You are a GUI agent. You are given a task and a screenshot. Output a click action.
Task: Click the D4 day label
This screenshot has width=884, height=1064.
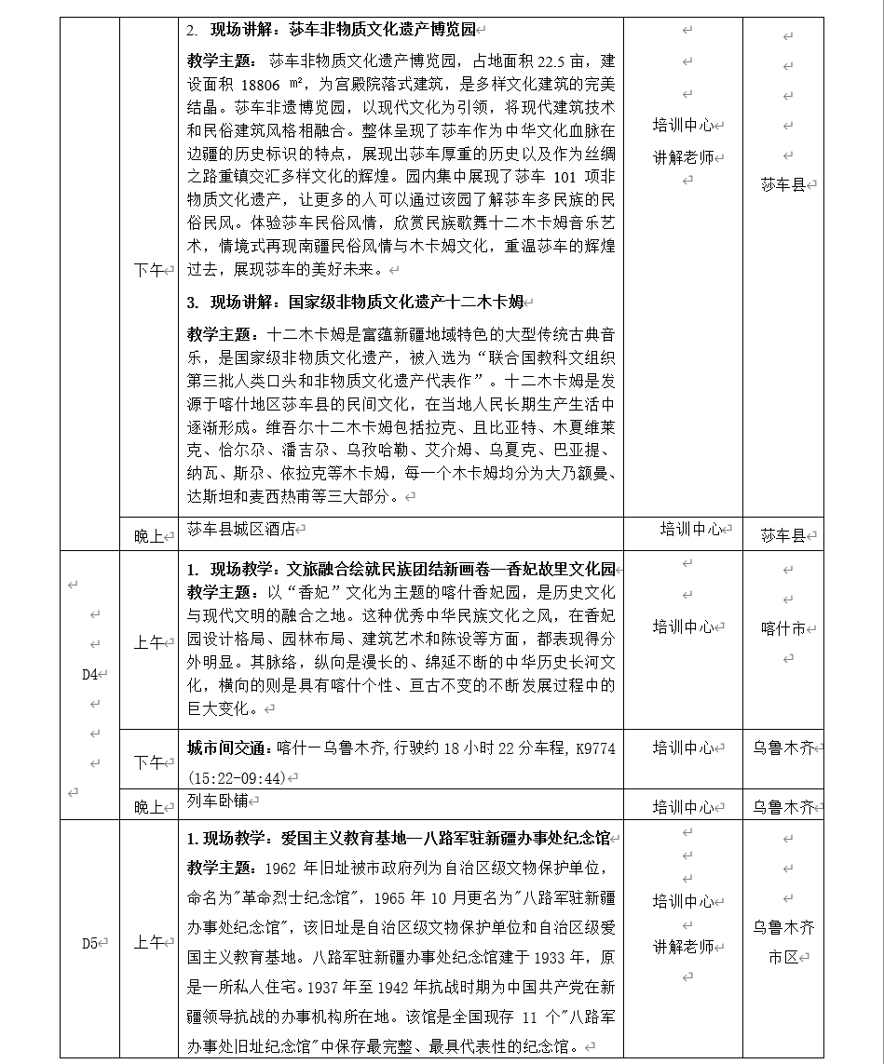pos(90,675)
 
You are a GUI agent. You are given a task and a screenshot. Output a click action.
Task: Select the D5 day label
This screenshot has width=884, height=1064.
pos(89,943)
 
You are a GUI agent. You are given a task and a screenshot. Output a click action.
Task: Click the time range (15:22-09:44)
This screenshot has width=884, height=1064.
pos(236,777)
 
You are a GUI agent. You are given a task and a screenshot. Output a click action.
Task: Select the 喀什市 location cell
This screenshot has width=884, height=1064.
pos(782,628)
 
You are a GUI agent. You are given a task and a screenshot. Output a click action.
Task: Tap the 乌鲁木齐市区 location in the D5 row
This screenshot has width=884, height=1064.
pos(782,942)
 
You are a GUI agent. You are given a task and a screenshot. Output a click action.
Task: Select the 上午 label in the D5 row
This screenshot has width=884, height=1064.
pos(148,943)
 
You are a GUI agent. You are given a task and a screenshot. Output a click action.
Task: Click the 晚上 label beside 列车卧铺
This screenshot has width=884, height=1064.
pos(148,807)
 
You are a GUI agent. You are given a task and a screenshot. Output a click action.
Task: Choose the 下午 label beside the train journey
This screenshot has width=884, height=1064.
pos(148,762)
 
